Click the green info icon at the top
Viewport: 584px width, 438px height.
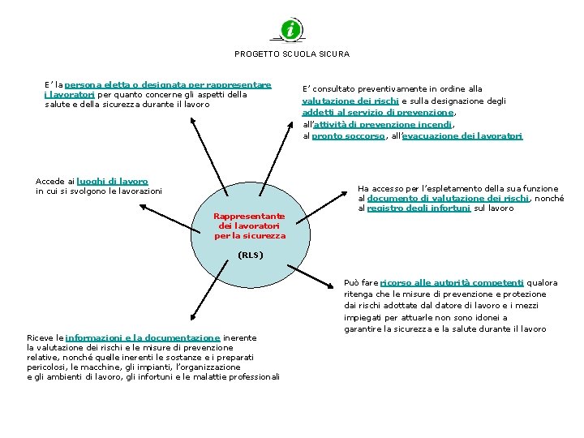291,30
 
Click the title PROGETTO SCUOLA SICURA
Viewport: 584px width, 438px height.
292,54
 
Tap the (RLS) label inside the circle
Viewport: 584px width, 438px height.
250,255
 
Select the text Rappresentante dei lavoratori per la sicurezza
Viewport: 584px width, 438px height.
250,225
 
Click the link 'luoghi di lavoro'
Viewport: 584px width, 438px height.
113,181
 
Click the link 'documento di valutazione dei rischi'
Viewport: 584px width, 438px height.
448,198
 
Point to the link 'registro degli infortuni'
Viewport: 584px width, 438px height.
419,208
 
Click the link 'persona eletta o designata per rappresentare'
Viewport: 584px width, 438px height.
168,84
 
